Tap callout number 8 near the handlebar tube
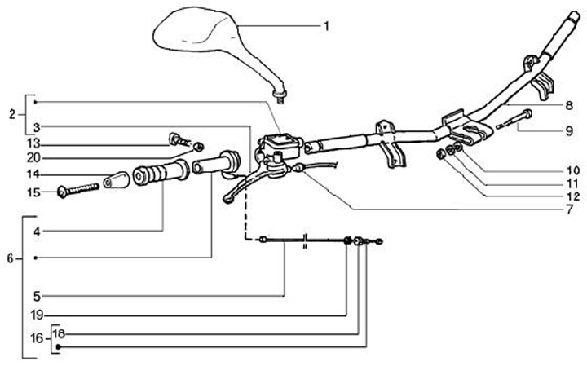tap(569, 104)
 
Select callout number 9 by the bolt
tap(569, 130)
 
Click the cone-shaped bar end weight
tap(117, 179)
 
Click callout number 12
tap(569, 196)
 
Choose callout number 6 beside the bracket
tap(9, 258)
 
